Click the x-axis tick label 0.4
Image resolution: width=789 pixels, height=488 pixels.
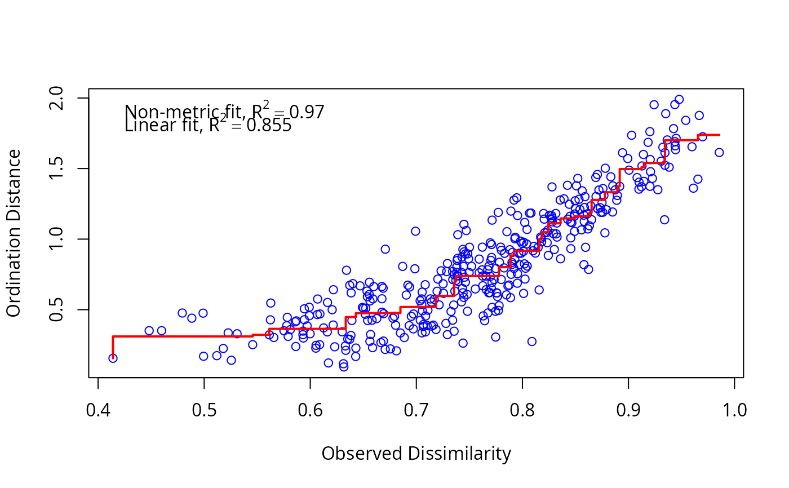(x=98, y=410)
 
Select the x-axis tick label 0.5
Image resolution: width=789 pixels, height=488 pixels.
(x=204, y=410)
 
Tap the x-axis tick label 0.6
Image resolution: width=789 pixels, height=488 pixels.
(x=310, y=410)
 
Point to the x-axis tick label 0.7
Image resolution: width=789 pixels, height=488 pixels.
(x=416, y=410)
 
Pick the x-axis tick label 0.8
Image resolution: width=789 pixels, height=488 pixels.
(x=522, y=410)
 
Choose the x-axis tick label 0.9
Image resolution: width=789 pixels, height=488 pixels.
(x=628, y=410)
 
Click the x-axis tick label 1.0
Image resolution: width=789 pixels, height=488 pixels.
(x=734, y=410)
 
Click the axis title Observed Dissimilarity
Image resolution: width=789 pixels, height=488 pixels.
(x=416, y=454)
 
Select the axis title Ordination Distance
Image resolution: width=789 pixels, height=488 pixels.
(x=14, y=233)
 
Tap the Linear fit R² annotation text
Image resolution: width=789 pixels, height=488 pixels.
(x=207, y=126)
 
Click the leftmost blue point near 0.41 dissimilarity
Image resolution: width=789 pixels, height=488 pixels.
(x=113, y=358)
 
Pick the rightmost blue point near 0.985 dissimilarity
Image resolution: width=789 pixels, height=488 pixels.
(x=719, y=152)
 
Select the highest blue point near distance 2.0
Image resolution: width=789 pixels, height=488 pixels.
(x=679, y=100)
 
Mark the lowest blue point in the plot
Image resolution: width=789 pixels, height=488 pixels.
(x=344, y=367)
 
